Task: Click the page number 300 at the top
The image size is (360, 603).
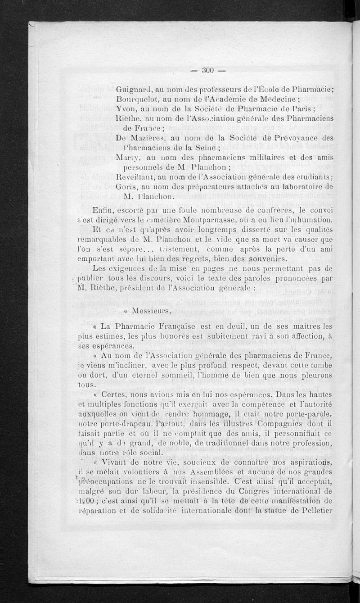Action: coord(207,70)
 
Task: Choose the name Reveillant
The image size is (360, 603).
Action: coord(136,177)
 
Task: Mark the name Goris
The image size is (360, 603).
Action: coord(126,186)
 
